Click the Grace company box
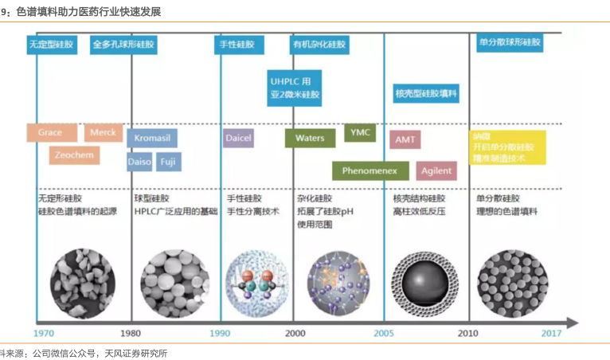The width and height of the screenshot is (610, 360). point(51,132)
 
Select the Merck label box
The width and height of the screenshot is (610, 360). point(104,132)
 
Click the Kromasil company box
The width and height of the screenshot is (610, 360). point(151,138)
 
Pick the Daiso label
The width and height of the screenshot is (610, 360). point(139,162)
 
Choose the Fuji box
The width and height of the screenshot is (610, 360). point(168,162)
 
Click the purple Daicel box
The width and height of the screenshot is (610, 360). point(239,138)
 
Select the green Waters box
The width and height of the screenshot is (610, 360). point(310,138)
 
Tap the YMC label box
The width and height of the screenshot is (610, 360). point(359,132)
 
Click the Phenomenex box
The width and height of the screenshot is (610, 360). point(370,170)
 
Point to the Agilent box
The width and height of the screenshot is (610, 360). point(436,170)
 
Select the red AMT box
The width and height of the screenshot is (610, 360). point(405,139)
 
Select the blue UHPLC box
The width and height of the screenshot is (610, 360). point(295,88)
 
